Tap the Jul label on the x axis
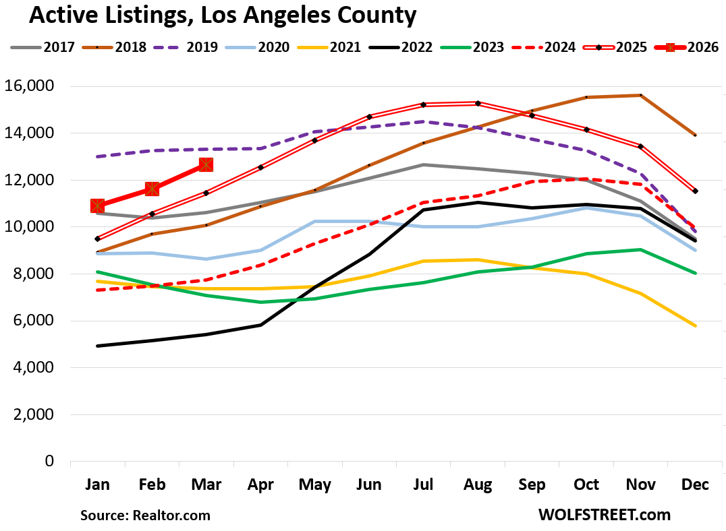point(423,485)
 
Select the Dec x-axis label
point(695,485)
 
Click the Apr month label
point(260,485)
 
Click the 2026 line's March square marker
point(206,165)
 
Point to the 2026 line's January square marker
point(98,206)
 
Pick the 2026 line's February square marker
point(152,189)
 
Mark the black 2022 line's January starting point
point(98,346)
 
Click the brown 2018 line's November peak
point(640,95)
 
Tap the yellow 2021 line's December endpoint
point(695,326)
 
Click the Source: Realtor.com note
point(146,516)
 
